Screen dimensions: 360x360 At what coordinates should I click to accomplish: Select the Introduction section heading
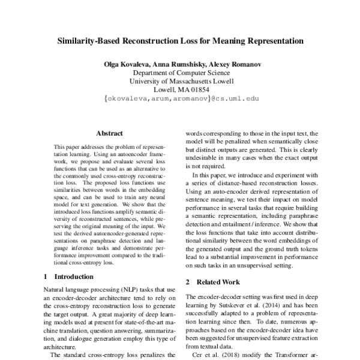coord(74,277)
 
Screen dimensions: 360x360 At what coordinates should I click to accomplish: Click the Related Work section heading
coord(217,281)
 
